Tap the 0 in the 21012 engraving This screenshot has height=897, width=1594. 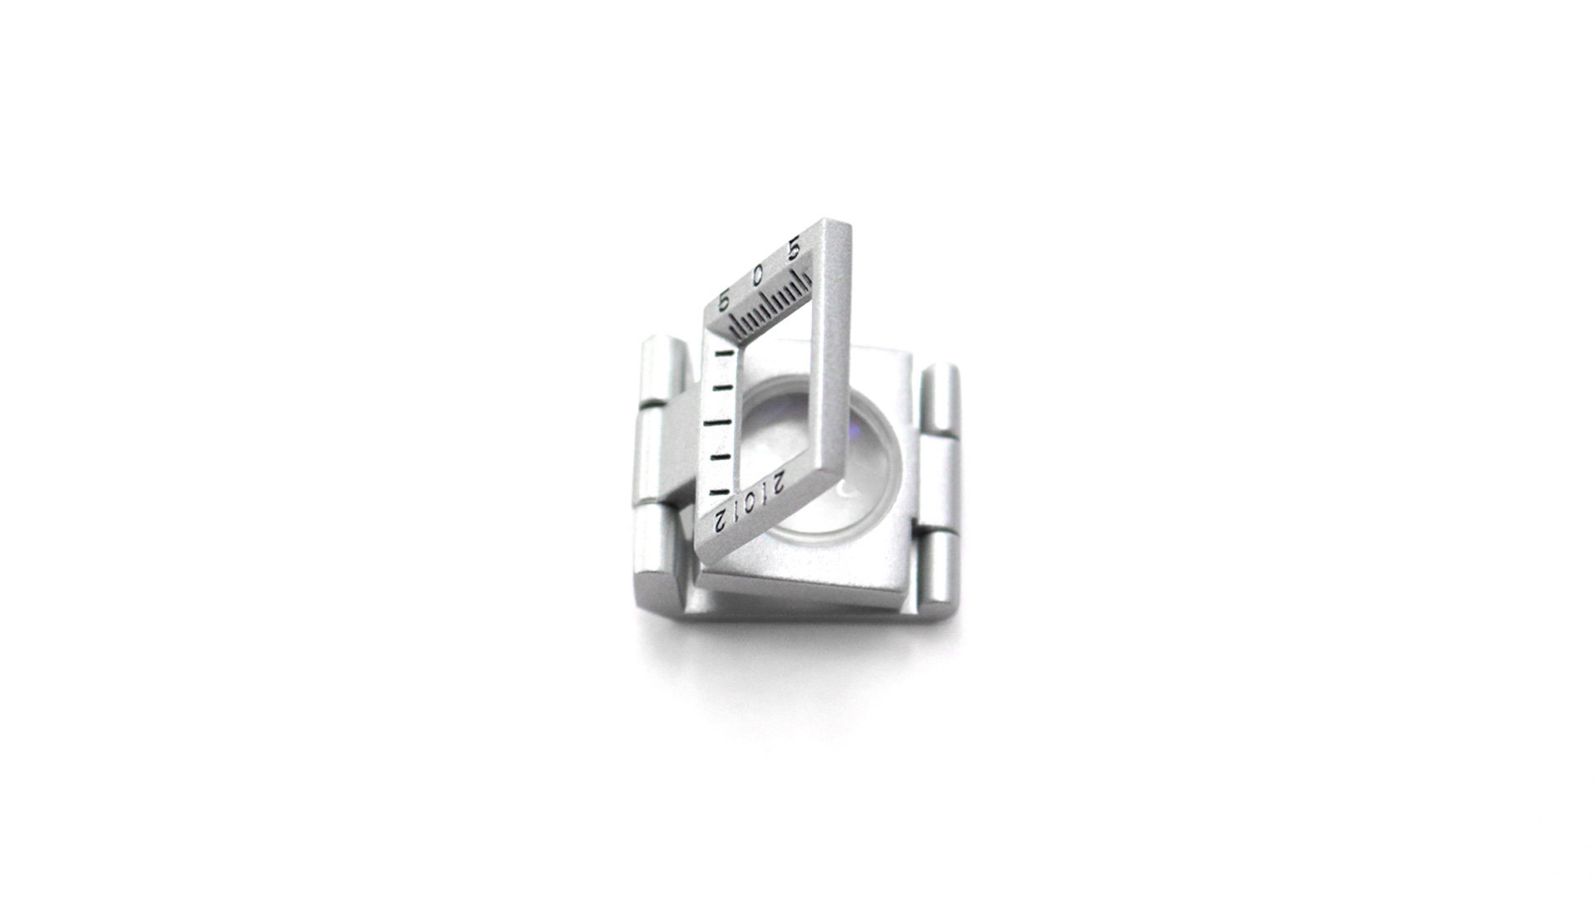click(749, 503)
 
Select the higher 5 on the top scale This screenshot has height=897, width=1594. click(794, 249)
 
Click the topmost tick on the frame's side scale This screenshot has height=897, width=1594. click(726, 355)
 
